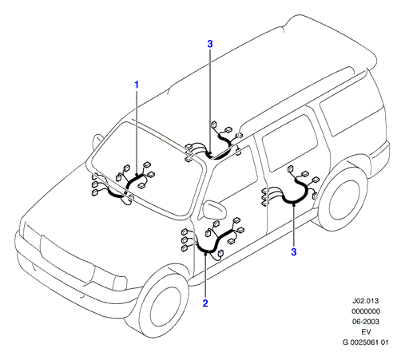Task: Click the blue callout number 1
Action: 137,85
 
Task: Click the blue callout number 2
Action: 205,303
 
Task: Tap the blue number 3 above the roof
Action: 210,44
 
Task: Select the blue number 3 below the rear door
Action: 294,252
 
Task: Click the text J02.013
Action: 366,301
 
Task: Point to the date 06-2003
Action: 366,322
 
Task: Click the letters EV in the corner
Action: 366,332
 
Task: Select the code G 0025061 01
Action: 366,342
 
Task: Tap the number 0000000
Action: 366,311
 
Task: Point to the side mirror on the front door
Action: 215,210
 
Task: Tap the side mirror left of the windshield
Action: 97,141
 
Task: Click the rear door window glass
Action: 290,142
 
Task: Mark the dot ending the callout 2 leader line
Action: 205,254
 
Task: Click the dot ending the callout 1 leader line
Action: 137,175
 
